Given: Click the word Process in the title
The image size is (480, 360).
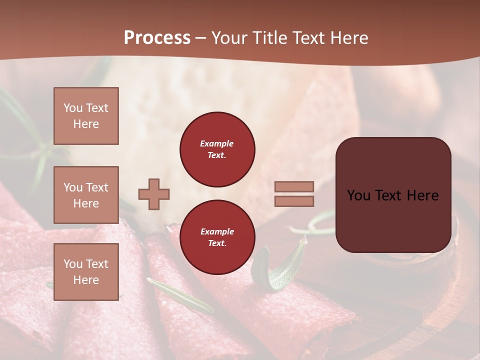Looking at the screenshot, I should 157,38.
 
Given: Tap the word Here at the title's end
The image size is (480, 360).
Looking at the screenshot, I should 348,38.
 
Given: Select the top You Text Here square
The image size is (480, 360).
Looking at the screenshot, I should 86,116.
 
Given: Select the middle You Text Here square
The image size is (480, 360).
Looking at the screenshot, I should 86,195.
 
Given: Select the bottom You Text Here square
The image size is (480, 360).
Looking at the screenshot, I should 86,272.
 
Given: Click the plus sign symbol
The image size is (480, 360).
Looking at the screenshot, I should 154,194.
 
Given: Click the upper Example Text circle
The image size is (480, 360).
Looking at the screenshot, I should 217,149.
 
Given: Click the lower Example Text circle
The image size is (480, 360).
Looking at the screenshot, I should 217,237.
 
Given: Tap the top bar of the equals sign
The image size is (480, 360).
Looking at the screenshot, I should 294,186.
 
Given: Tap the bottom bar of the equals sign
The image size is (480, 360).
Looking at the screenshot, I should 294,201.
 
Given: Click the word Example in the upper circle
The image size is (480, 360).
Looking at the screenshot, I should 217,143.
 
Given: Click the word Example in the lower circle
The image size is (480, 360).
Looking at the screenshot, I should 217,231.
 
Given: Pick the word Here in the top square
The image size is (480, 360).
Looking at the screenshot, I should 86,124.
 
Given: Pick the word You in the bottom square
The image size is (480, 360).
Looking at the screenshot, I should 73,264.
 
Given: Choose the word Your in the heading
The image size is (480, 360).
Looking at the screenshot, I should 229,38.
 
